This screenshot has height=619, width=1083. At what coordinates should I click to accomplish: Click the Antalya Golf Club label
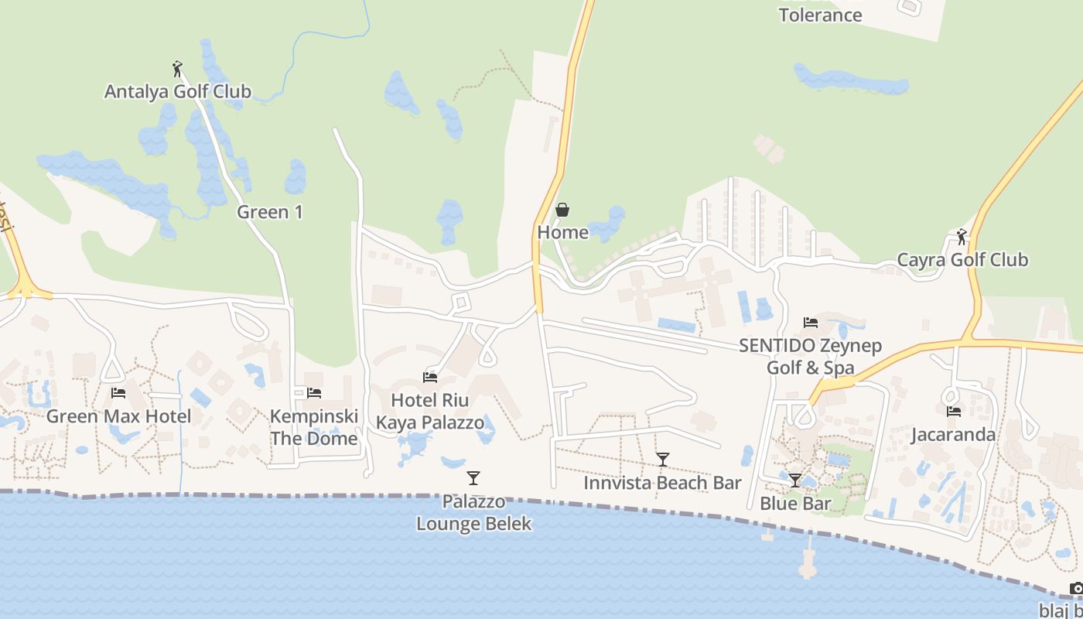[178, 91]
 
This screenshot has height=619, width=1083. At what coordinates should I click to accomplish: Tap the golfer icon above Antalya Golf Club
[177, 69]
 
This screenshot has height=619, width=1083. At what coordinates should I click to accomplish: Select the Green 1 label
[270, 211]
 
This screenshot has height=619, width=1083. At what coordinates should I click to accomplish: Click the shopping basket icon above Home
[562, 210]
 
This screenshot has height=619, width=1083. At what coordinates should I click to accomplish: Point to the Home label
[562, 232]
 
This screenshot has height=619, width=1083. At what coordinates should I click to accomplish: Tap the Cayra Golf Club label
[962, 259]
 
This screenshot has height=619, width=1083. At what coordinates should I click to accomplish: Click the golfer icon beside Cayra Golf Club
[962, 237]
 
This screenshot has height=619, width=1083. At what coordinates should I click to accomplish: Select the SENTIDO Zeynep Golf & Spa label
[810, 357]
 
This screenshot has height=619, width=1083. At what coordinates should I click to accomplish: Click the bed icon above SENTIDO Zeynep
[810, 323]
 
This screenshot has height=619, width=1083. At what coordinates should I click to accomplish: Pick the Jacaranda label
[953, 434]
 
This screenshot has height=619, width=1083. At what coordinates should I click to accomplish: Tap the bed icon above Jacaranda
[953, 412]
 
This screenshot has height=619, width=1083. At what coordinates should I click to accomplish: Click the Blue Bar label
[795, 503]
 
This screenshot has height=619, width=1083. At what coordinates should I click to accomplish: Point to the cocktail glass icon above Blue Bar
[794, 480]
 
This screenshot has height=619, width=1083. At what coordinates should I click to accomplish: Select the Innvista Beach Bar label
[662, 483]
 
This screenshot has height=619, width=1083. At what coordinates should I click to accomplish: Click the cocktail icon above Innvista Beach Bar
[662, 460]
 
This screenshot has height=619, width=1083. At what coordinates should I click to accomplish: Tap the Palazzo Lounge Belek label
[473, 512]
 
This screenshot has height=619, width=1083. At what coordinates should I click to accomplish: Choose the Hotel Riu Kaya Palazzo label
[430, 412]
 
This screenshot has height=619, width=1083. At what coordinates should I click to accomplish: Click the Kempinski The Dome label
[314, 427]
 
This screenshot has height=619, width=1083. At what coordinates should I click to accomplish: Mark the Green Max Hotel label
[118, 416]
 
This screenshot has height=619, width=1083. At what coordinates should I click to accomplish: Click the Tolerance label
[820, 14]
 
